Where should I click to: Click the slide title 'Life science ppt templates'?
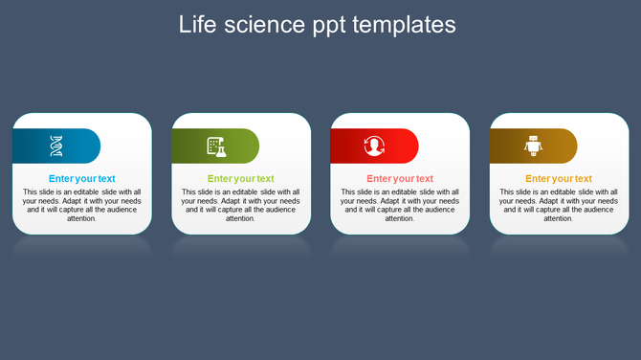click(x=317, y=24)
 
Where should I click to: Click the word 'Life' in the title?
click(x=197, y=24)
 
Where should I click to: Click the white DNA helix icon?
click(x=56, y=146)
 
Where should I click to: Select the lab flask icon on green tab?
click(x=216, y=146)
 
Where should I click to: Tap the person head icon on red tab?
click(x=374, y=146)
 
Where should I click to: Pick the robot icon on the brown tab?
click(x=533, y=146)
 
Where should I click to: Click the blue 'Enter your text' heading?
click(x=82, y=179)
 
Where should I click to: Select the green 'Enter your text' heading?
click(x=241, y=179)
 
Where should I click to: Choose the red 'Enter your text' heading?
click(x=400, y=179)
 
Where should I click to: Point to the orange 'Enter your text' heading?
click(x=559, y=179)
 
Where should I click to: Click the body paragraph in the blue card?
click(x=82, y=205)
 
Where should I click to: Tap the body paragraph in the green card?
click(x=241, y=205)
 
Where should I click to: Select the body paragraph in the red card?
click(x=400, y=205)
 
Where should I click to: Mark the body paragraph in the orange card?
click(x=559, y=205)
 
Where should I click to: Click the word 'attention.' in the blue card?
click(x=82, y=219)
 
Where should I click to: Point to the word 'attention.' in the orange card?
click(x=559, y=219)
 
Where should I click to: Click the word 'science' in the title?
click(x=268, y=24)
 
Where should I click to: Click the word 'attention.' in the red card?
click(x=400, y=219)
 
